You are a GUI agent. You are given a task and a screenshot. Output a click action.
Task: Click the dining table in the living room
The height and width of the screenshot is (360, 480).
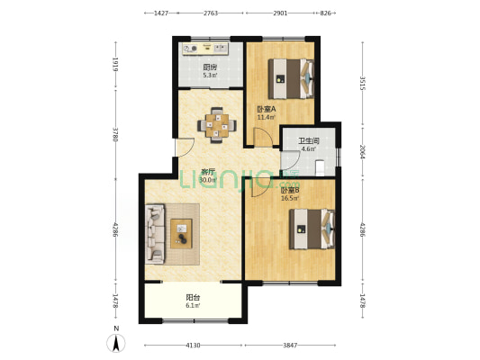tap(217, 125)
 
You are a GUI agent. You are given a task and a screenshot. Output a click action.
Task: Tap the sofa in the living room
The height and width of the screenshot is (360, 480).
tap(155, 234)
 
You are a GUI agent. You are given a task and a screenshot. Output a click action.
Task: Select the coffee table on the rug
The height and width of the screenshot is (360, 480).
tap(181, 234)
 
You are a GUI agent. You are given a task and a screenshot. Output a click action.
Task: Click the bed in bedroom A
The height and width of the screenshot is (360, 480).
tap(291, 78)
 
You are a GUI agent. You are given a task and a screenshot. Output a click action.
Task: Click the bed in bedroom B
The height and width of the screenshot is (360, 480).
tap(312, 229)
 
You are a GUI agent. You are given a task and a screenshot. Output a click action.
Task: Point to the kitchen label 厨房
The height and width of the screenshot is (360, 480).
tap(210, 67)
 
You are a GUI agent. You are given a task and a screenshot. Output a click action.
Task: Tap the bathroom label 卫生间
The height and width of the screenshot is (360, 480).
tap(309, 141)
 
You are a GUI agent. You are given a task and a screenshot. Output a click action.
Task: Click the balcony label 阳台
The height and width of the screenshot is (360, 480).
tap(193, 298)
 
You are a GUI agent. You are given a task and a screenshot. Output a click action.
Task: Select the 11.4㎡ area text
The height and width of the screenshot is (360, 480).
tap(266, 117)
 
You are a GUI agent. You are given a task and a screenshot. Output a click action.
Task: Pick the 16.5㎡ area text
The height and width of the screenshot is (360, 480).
tap(290, 198)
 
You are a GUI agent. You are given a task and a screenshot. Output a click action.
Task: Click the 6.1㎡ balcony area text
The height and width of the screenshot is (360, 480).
tap(193, 305)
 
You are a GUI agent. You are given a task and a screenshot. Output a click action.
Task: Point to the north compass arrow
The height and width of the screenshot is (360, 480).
tap(115, 343)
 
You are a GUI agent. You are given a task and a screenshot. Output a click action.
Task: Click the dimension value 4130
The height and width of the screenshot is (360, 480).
tap(193, 346)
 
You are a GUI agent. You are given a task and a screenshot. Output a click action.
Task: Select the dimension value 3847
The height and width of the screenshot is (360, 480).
tap(290, 346)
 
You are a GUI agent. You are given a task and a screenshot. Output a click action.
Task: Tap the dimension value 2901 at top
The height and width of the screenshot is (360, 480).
tap(280, 13)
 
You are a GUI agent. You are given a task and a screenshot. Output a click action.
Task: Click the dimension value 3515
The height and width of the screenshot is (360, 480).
tap(363, 83)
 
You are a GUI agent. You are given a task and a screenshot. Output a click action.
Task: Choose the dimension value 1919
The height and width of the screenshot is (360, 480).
tap(115, 64)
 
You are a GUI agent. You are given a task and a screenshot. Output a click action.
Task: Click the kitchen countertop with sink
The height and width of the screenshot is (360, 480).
tap(205, 49)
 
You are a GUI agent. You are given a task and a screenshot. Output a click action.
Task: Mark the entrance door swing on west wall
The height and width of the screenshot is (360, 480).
tap(185, 148)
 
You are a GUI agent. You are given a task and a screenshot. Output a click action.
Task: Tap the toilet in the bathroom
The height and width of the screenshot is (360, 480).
tap(320, 168)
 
